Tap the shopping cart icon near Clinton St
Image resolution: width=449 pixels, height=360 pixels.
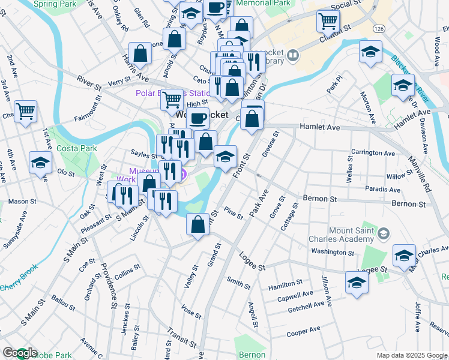(x=328, y=21)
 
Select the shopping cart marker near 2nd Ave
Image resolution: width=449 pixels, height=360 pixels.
(x=26, y=110)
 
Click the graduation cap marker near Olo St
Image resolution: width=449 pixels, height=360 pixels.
(x=41, y=163)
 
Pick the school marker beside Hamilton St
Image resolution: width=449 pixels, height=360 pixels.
(x=357, y=282)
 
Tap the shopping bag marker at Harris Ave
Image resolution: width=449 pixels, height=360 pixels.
(x=140, y=53)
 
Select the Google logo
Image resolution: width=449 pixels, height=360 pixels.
(x=20, y=353)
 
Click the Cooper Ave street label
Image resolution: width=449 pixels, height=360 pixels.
(x=304, y=331)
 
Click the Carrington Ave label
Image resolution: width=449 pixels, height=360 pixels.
(x=373, y=153)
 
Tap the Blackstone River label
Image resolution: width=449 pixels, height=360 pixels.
(x=411, y=78)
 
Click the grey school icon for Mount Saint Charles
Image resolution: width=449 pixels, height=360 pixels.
(x=384, y=232)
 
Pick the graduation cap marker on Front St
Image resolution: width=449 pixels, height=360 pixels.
(x=225, y=157)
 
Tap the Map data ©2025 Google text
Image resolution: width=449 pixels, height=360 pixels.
(x=412, y=355)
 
